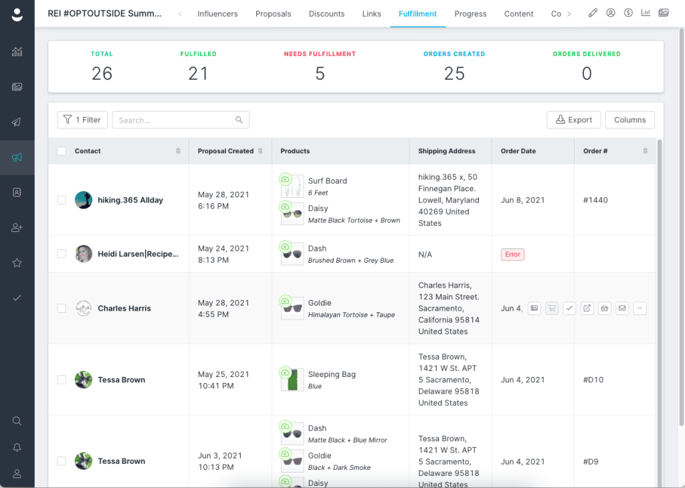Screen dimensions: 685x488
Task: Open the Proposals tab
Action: (x=273, y=14)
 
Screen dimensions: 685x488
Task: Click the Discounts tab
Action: (x=326, y=14)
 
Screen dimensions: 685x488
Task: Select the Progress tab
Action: (x=470, y=14)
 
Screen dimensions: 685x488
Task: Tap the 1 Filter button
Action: (x=82, y=120)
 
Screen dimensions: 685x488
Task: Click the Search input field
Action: (x=181, y=120)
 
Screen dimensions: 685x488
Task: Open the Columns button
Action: (x=629, y=120)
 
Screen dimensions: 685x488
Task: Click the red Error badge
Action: (x=512, y=255)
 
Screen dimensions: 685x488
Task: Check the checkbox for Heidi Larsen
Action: (x=62, y=254)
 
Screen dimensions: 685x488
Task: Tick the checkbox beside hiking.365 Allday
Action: (x=62, y=200)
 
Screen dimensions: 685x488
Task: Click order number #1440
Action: (x=595, y=200)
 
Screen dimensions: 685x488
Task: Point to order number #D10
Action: (x=593, y=380)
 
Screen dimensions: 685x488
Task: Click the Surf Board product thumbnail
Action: (x=292, y=187)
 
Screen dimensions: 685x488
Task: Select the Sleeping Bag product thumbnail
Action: (x=292, y=380)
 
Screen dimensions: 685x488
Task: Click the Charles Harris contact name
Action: (x=124, y=308)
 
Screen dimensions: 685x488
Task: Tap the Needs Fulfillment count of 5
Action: (x=320, y=74)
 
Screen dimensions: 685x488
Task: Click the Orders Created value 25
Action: (x=454, y=74)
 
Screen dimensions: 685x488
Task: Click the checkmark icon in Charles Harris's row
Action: (x=569, y=308)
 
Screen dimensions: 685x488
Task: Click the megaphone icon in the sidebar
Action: (x=17, y=158)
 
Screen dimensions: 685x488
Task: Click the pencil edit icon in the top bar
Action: (x=593, y=13)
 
